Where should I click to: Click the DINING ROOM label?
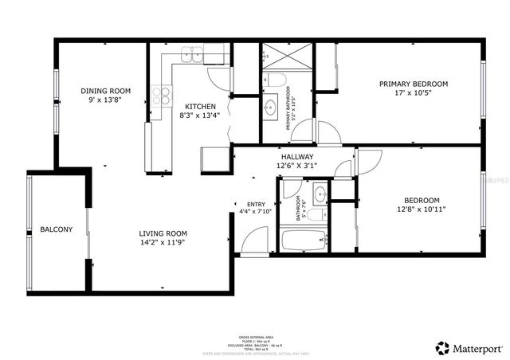pyautogui.click(x=105, y=91)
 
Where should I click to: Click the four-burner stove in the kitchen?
pyautogui.click(x=163, y=96)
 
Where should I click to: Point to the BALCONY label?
pyautogui.click(x=56, y=229)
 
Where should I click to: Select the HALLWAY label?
pyautogui.click(x=296, y=157)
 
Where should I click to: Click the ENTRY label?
pyautogui.click(x=256, y=204)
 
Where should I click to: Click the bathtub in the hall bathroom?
pyautogui.click(x=304, y=239)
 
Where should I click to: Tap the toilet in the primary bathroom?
pyautogui.click(x=273, y=80)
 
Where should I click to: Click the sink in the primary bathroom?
pyautogui.click(x=270, y=108)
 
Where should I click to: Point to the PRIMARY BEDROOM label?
pyautogui.click(x=413, y=84)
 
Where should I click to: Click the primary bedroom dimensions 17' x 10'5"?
pyautogui.click(x=413, y=93)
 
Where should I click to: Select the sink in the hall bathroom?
pyautogui.click(x=319, y=192)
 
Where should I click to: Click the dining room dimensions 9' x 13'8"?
pyautogui.click(x=105, y=100)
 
